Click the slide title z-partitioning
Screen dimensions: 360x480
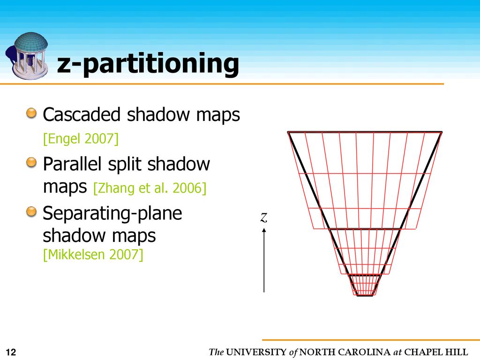coord(148,64)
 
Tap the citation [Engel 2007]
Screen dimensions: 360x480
coord(80,139)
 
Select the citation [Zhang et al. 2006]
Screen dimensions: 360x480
coord(150,188)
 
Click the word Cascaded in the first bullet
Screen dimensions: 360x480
coord(82,115)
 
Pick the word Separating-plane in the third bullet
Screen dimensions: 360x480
coord(112,214)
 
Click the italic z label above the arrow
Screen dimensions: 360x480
coord(264,217)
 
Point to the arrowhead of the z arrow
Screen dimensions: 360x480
coord(264,230)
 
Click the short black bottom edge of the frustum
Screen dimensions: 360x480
coord(365,295)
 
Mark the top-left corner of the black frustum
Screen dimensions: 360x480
coord(289,133)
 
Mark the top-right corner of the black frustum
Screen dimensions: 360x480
coord(441,133)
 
